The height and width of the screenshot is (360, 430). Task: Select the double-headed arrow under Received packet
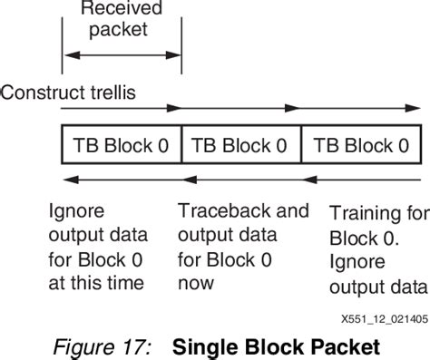pyautogui.click(x=122, y=56)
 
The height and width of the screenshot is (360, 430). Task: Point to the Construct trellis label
pyautogui.click(x=69, y=92)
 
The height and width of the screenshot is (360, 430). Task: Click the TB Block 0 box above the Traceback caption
pyautogui.click(x=240, y=143)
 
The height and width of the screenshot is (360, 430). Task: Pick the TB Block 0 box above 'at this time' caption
pyautogui.click(x=121, y=143)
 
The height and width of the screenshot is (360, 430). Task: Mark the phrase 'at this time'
pyautogui.click(x=96, y=283)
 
